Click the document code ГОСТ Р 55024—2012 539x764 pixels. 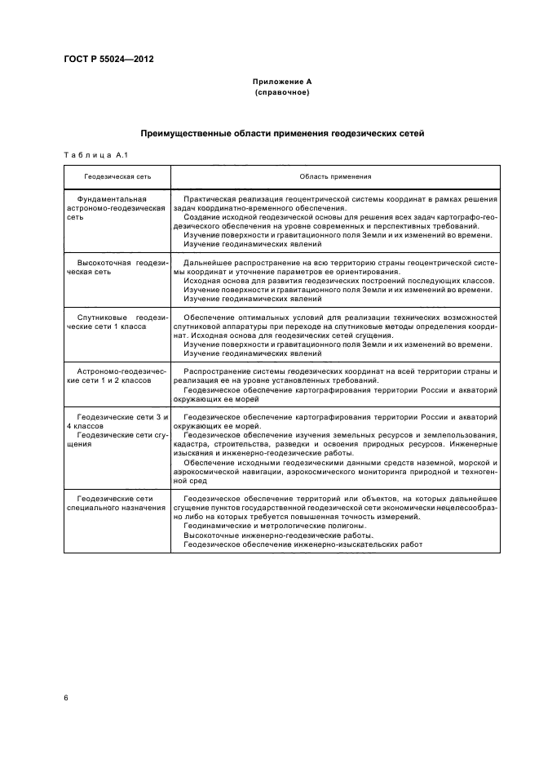[108, 60]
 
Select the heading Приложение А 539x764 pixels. [281, 82]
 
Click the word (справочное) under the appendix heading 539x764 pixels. [281, 92]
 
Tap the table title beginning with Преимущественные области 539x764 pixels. [281, 133]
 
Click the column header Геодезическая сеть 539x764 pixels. [117, 175]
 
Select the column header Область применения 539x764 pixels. [334, 175]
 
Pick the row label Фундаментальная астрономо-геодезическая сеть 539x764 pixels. [116, 208]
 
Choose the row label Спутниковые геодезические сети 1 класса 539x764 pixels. [117, 321]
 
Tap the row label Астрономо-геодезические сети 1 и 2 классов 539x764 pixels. [117, 375]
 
